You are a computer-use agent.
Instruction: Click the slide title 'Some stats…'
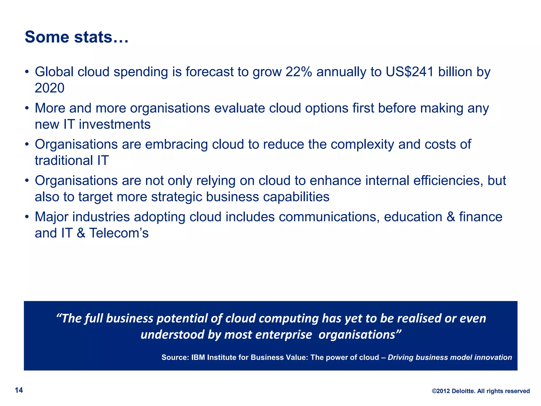77,37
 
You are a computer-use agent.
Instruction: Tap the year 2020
50,88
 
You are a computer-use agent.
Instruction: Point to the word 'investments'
115,124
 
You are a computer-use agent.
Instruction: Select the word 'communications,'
329,217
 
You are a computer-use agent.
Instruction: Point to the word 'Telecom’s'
119,233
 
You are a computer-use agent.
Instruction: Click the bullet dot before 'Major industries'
27,217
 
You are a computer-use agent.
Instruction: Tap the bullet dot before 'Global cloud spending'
27,72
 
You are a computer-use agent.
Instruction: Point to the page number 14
19,390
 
